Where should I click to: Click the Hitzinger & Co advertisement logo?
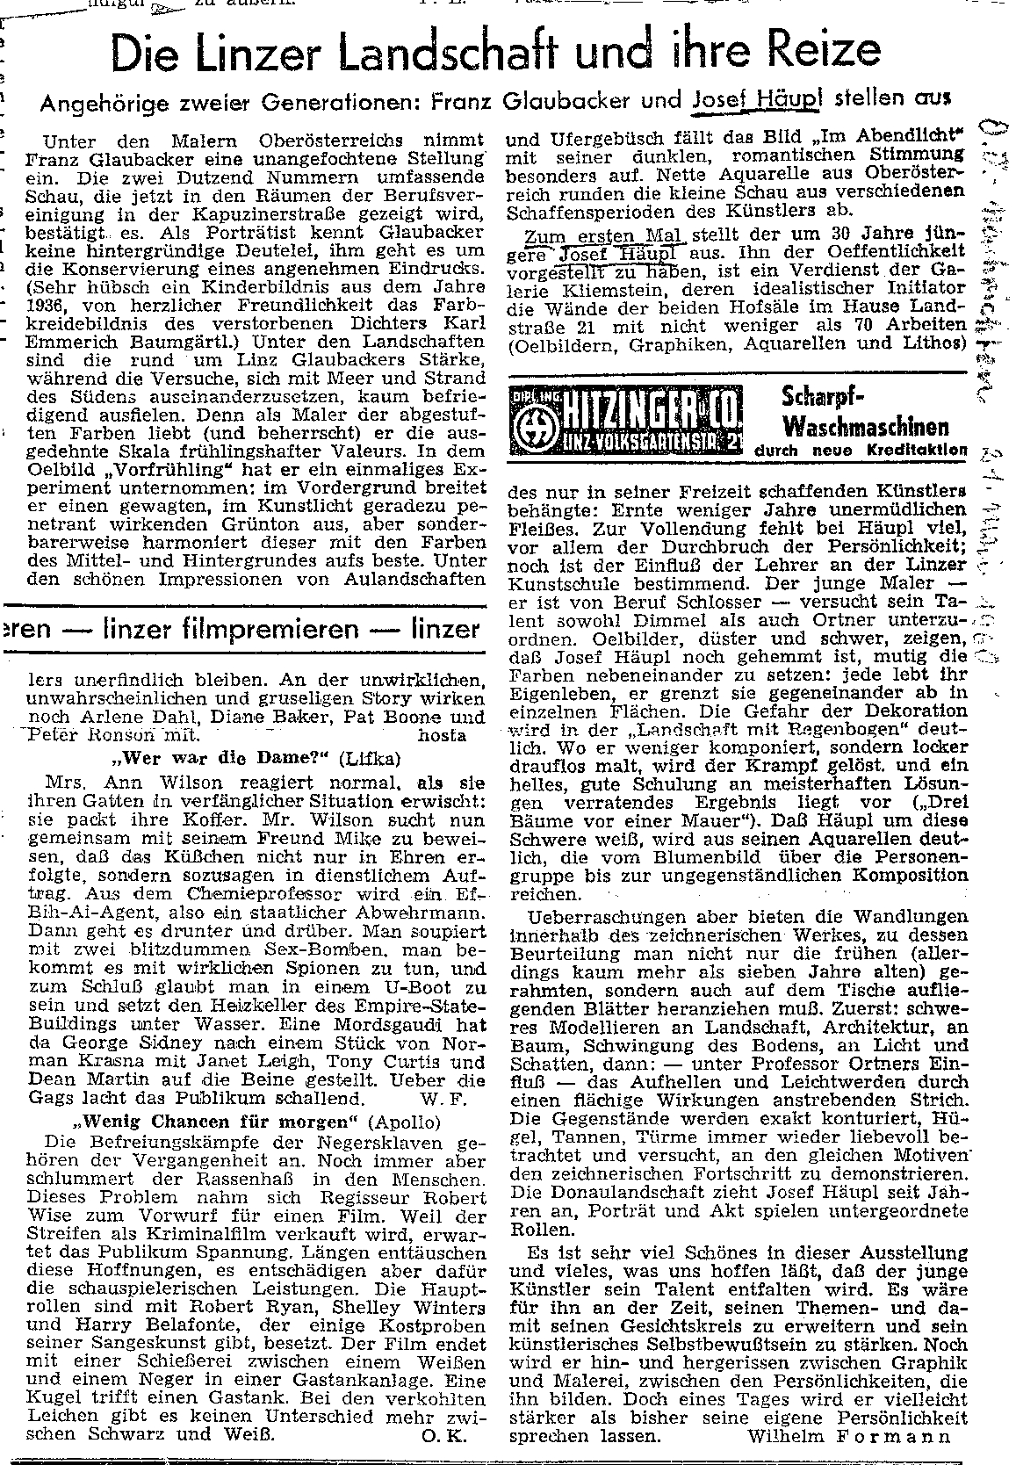pyautogui.click(x=624, y=418)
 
